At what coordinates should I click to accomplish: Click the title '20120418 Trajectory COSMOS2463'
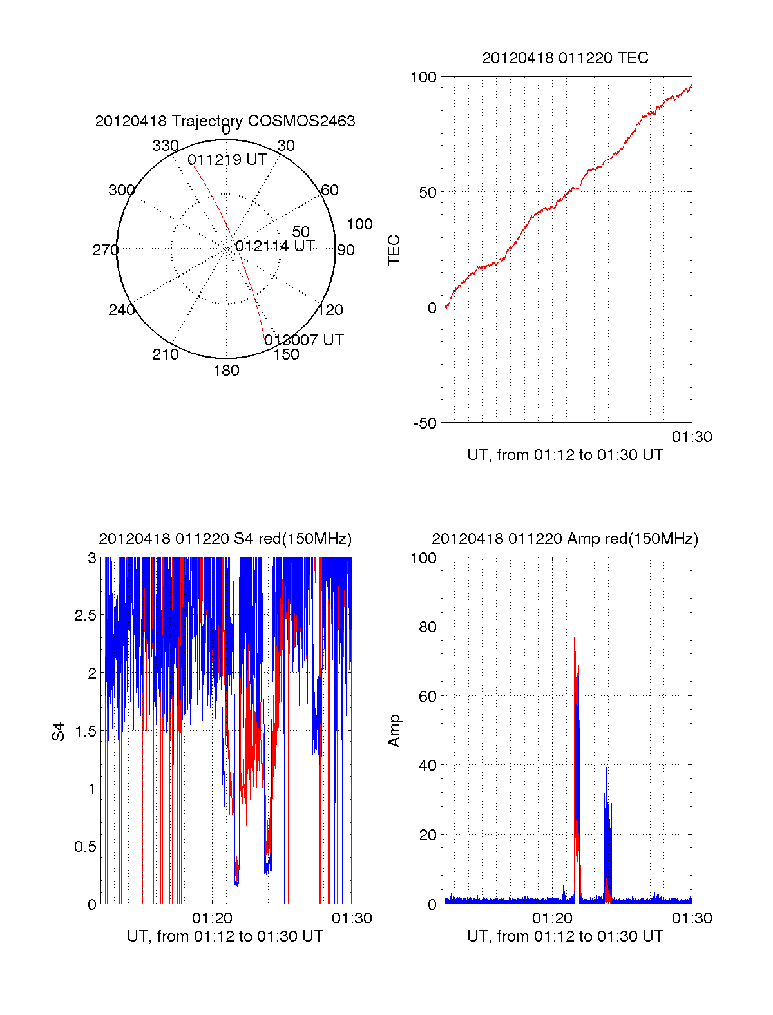click(x=225, y=121)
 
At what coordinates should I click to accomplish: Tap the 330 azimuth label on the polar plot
click(x=165, y=146)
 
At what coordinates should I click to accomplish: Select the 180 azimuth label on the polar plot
click(x=226, y=371)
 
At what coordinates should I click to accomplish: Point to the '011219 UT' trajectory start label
click(x=227, y=160)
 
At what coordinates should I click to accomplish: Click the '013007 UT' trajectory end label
click(x=304, y=340)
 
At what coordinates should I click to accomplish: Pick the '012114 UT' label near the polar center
click(x=275, y=246)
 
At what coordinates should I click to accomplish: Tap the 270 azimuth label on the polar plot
click(x=105, y=250)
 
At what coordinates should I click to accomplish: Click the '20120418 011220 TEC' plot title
click(x=565, y=58)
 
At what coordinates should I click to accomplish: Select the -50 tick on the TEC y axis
click(x=425, y=423)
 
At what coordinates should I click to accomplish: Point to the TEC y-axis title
click(x=394, y=249)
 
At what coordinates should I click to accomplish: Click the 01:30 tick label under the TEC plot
click(x=692, y=437)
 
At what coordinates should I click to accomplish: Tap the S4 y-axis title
click(x=59, y=731)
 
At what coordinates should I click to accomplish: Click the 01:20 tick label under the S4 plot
click(x=212, y=918)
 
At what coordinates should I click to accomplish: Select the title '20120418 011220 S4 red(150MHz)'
click(x=225, y=539)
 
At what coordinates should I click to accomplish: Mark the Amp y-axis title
click(x=394, y=731)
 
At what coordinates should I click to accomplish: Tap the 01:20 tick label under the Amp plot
click(x=552, y=918)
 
